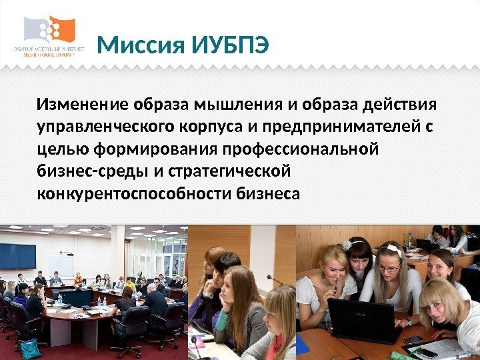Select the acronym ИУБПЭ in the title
coord(231,46)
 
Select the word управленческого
coord(110,127)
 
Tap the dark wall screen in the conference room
coord(17,256)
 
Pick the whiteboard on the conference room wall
coord(61,265)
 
